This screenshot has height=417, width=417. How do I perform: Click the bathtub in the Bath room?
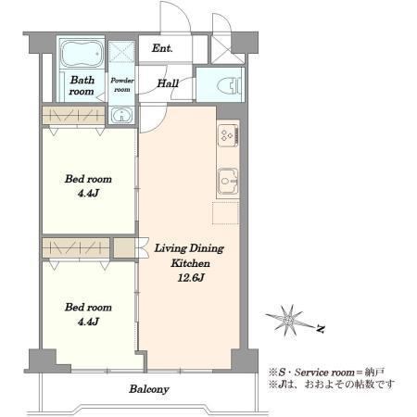click(82, 53)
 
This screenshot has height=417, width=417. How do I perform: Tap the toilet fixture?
click(229, 85)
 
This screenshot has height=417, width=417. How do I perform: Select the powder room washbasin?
click(122, 116)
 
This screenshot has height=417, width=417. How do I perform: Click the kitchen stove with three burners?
click(228, 135)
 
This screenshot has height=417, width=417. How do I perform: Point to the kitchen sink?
click(228, 181)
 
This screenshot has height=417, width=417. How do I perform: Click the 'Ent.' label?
click(162, 48)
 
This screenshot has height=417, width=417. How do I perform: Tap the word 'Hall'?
click(168, 83)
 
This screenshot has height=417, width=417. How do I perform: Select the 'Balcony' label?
click(149, 389)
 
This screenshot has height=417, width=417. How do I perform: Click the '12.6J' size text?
click(191, 278)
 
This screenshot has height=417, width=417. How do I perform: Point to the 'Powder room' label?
click(122, 84)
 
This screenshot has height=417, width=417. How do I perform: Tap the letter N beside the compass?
click(321, 329)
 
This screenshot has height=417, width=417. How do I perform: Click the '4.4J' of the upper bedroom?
click(88, 194)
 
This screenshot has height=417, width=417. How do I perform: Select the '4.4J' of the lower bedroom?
click(88, 322)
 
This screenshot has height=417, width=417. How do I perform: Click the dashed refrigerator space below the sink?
click(226, 212)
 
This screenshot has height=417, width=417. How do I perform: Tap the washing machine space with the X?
click(121, 52)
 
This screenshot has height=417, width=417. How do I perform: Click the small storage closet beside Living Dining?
click(124, 247)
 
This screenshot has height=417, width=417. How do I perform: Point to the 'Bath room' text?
click(82, 85)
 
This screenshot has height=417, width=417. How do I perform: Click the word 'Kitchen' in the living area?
click(191, 263)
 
